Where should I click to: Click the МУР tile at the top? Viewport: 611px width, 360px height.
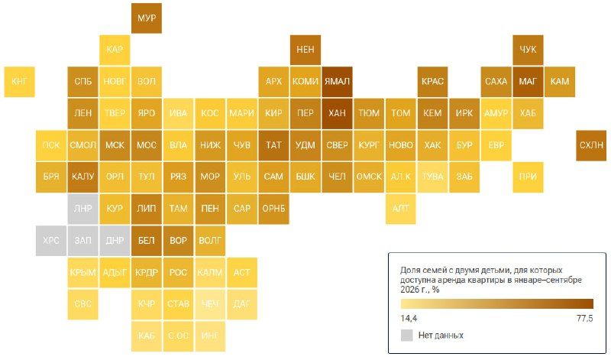pyautogui.click(x=147, y=18)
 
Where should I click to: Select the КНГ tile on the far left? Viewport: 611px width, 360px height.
pyautogui.click(x=20, y=82)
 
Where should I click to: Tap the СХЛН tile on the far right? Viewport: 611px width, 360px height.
pyautogui.click(x=591, y=145)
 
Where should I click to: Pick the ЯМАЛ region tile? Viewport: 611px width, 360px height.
pyautogui.click(x=337, y=82)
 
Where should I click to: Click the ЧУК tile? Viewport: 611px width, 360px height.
pyautogui.click(x=528, y=50)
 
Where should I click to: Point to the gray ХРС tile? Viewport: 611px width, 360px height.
pyautogui.click(x=51, y=241)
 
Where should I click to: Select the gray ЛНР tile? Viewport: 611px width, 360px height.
pyautogui.click(x=83, y=209)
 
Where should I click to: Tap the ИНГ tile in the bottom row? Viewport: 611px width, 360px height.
pyautogui.click(x=210, y=336)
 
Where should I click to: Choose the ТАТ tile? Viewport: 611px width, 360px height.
pyautogui.click(x=273, y=145)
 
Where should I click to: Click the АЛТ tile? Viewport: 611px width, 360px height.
pyautogui.click(x=400, y=209)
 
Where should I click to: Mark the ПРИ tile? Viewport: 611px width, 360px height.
pyautogui.click(x=528, y=177)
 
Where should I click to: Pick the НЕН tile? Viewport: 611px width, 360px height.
pyautogui.click(x=305, y=50)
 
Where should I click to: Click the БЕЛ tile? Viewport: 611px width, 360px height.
pyautogui.click(x=147, y=241)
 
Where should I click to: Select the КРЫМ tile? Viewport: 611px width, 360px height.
pyautogui.click(x=83, y=272)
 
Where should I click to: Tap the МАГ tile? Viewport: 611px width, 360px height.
pyautogui.click(x=528, y=82)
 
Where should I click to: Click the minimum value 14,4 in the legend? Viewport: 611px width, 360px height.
pyautogui.click(x=409, y=318)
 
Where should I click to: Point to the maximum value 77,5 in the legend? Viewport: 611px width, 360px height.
pyautogui.click(x=585, y=318)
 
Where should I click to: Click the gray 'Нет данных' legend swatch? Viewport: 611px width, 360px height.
pyautogui.click(x=407, y=335)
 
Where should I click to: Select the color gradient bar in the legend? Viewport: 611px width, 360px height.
pyautogui.click(x=497, y=304)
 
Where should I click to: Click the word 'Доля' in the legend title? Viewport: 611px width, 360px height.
pyautogui.click(x=409, y=271)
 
